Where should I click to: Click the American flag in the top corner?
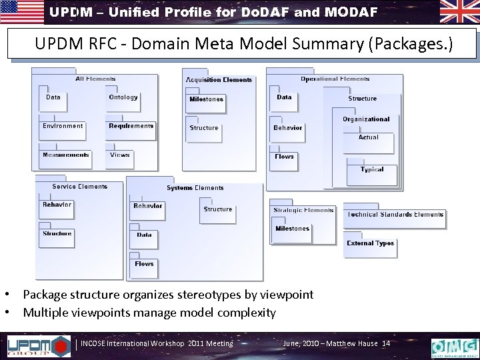tap(21, 13)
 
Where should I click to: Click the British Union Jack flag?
tap(459, 13)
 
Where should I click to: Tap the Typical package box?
tap(372, 173)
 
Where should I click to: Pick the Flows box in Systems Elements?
tap(145, 267)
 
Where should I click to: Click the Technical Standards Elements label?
tap(394, 215)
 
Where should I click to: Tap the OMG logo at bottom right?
tap(455, 346)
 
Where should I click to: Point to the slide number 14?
tap(386, 343)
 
